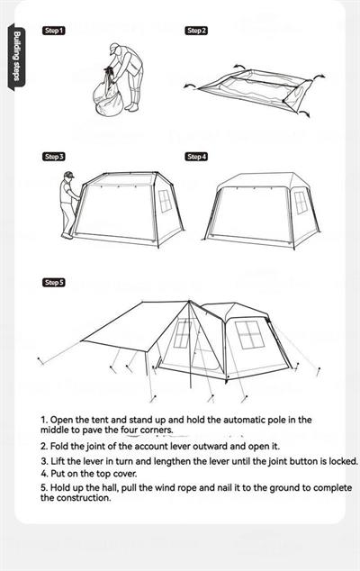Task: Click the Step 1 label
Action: click(x=54, y=31)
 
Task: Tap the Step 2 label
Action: click(x=196, y=31)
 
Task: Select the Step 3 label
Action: click(x=54, y=157)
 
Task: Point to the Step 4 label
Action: click(x=196, y=157)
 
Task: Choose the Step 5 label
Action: click(x=54, y=282)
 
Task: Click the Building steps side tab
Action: click(x=17, y=57)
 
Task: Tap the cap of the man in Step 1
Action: click(x=113, y=48)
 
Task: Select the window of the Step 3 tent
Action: click(x=165, y=201)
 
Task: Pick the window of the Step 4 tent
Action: click(x=301, y=203)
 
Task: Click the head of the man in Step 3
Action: click(x=68, y=177)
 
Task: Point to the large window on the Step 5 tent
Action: click(x=249, y=334)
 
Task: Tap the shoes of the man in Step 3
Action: click(x=67, y=236)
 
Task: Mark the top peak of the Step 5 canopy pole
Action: click(x=189, y=301)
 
